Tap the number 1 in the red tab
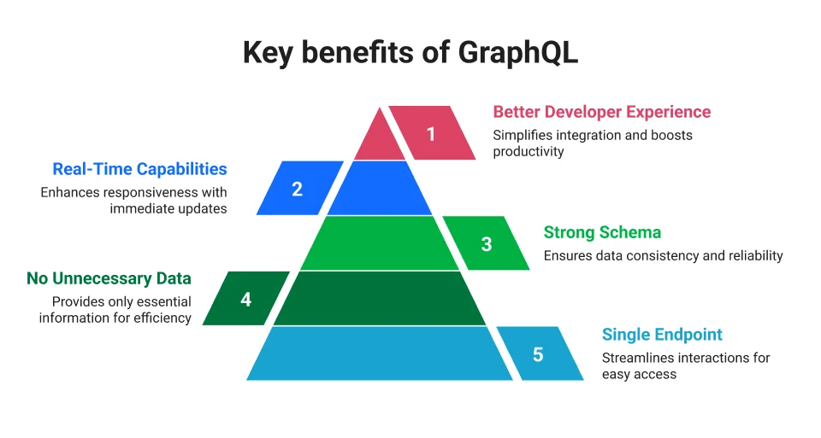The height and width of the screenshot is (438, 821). pos(431,134)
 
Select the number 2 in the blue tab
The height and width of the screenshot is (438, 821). pos(298,189)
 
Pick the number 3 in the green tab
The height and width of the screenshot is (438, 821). pos(487,243)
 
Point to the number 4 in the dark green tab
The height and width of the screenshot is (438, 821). pos(246,299)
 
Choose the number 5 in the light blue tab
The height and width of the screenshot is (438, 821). pos(538,353)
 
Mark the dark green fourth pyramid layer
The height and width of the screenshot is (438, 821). pos(380,299)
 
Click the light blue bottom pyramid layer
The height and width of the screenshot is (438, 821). pos(380,353)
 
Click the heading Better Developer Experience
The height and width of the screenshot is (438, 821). pos(601,112)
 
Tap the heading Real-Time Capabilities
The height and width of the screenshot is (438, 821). pos(139,169)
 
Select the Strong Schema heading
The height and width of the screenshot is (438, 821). pos(602,232)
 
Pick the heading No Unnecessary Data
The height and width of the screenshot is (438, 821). pos(109,279)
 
